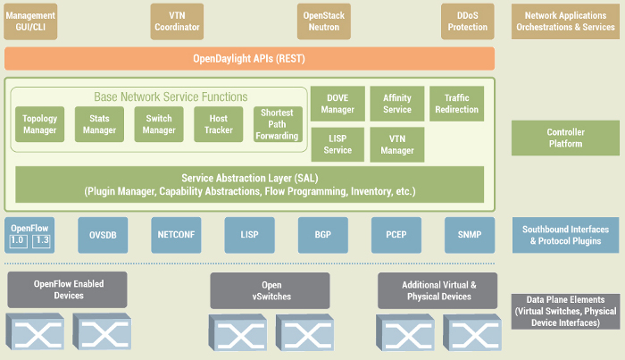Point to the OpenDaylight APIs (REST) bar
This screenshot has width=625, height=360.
point(249,59)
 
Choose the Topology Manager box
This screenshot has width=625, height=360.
point(39,125)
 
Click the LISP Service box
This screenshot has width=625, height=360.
point(337,145)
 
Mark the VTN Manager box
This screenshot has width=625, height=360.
point(396,145)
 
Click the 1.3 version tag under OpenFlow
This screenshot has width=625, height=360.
point(43,241)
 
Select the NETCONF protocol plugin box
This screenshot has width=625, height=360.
point(175,235)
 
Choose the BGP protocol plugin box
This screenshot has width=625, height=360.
point(323,235)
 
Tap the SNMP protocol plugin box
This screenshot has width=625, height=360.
point(469,235)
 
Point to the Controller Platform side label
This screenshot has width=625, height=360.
point(565,138)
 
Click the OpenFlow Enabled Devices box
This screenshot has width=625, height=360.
point(67,289)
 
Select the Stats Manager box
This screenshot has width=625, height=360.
point(99,125)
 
